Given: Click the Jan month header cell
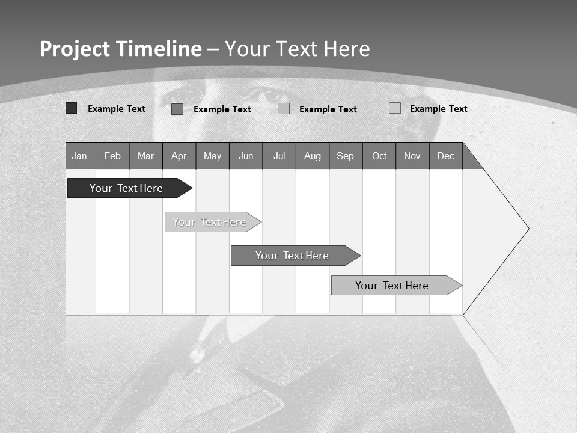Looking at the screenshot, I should coord(80,156).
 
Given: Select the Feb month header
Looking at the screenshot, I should coord(112,156).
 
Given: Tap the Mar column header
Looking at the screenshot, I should coord(145,156).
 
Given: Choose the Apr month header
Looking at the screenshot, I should coord(179,156).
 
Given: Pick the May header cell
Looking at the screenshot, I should coord(212,156).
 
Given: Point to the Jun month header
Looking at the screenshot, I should coord(246,156).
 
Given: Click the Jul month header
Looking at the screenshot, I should coord(279,156).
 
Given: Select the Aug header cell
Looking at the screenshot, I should coord(313,156).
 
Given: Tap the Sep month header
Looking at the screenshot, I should coord(346,156).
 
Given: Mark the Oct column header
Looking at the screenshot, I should coord(379,156).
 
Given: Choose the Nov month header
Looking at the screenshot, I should coord(412,156).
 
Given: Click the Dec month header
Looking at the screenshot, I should coord(446,156).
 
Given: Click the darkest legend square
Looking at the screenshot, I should coord(72,108).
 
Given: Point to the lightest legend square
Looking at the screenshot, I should coord(395,108).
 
